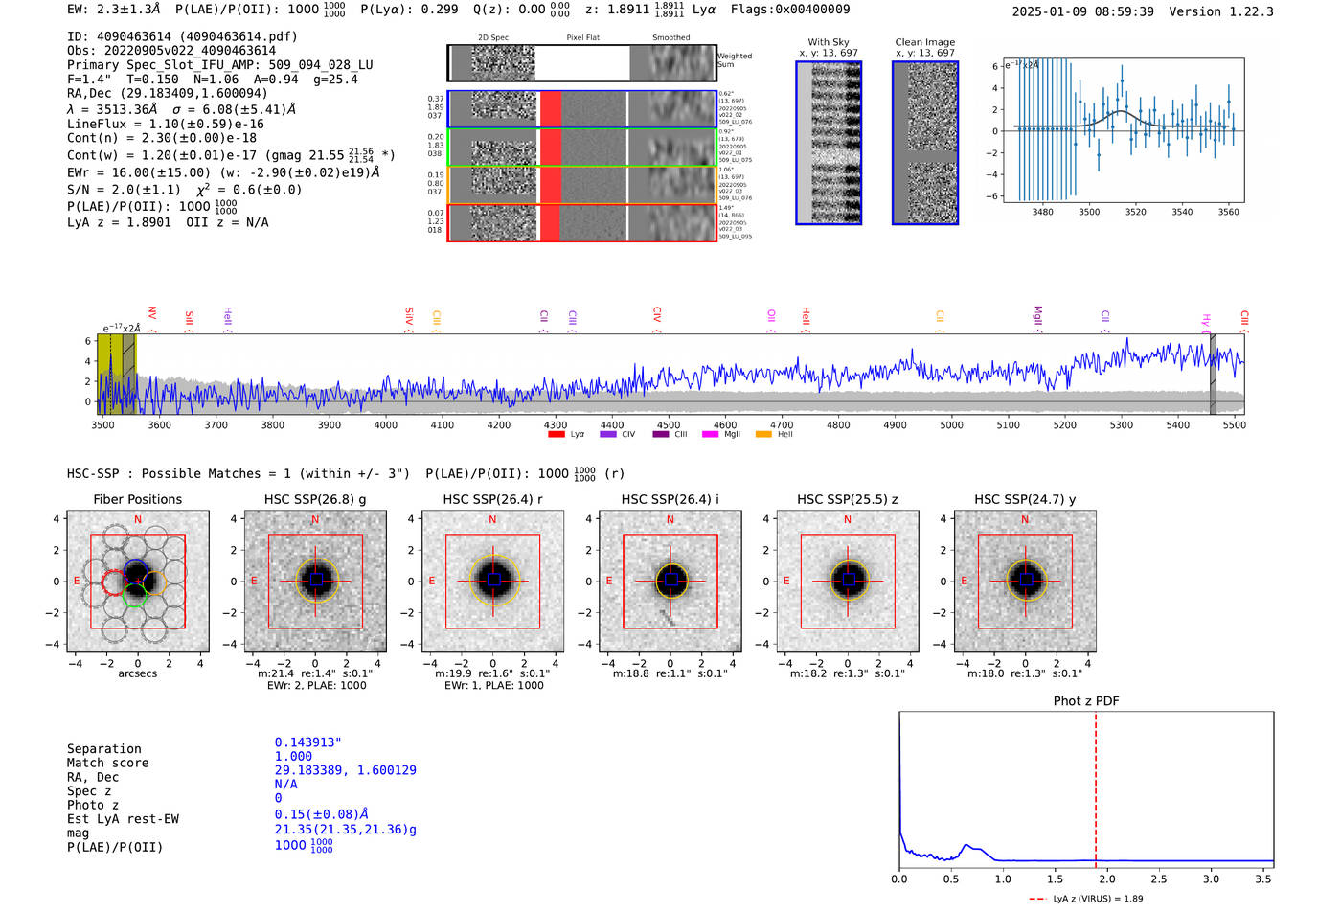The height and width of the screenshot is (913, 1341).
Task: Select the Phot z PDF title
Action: (x=1086, y=700)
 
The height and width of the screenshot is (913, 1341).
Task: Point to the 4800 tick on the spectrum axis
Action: (x=838, y=424)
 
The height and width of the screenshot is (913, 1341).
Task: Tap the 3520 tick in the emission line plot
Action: (x=1135, y=212)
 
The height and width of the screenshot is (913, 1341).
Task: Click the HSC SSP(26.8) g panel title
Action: (x=315, y=499)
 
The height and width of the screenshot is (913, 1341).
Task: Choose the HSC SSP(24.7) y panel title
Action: (x=1025, y=499)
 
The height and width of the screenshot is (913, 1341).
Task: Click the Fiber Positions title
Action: (x=137, y=499)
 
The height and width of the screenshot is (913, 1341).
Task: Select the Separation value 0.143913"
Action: (x=307, y=742)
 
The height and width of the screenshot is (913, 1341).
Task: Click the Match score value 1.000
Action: (x=293, y=756)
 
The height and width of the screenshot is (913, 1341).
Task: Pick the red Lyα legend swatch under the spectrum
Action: (x=556, y=435)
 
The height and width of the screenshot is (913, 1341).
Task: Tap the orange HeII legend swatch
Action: (x=763, y=435)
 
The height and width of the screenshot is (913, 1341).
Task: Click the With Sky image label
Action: (x=829, y=42)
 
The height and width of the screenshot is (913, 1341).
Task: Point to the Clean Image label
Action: (x=924, y=42)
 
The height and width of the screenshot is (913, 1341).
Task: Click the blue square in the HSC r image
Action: (x=493, y=580)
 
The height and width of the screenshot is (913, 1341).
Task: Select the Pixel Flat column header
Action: (x=582, y=38)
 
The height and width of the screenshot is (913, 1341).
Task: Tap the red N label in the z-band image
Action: (x=848, y=519)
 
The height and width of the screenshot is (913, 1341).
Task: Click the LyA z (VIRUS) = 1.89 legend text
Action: (x=1098, y=899)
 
